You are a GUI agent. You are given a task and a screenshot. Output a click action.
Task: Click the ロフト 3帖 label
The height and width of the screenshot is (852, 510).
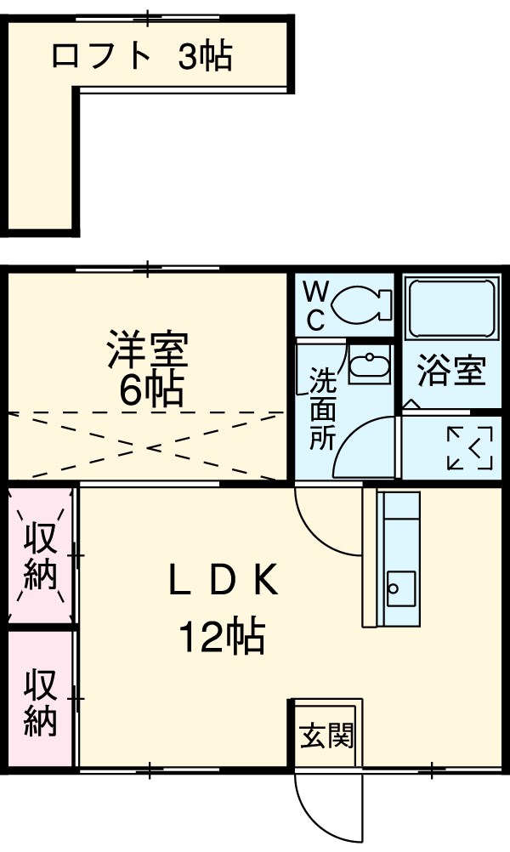[141, 56]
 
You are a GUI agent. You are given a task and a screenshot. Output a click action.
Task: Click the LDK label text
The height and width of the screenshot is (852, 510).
[223, 581]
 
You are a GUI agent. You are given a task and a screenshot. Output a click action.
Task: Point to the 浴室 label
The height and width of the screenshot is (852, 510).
[451, 372]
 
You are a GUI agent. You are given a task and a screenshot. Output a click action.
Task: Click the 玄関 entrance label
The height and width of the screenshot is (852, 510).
[326, 735]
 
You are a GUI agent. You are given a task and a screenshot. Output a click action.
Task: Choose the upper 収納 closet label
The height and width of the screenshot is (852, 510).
[40, 557]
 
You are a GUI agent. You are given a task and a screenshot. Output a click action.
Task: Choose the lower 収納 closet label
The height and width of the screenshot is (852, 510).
[40, 702]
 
